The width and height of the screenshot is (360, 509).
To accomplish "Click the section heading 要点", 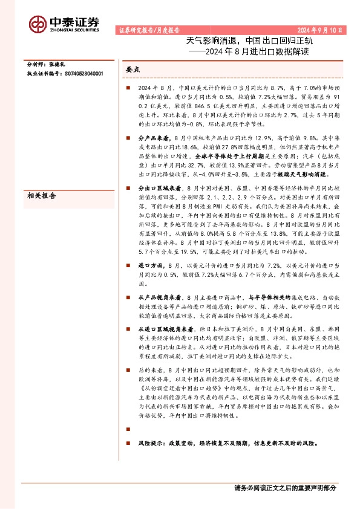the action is [133, 70].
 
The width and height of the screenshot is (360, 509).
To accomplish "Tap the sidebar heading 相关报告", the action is [42, 195].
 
